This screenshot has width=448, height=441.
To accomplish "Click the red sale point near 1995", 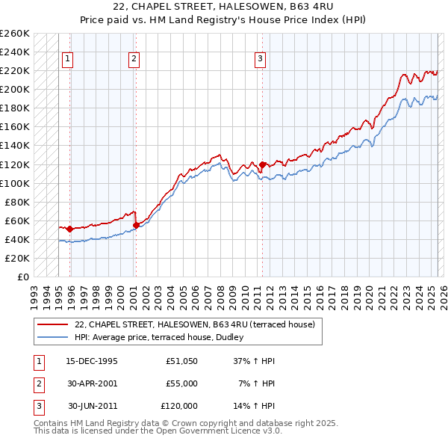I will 69,229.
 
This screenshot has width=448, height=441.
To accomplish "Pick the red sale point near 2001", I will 136,225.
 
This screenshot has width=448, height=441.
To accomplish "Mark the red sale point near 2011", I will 262,164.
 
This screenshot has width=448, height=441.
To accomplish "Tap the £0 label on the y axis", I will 22,277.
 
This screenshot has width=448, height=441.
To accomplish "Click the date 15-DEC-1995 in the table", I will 92,361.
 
